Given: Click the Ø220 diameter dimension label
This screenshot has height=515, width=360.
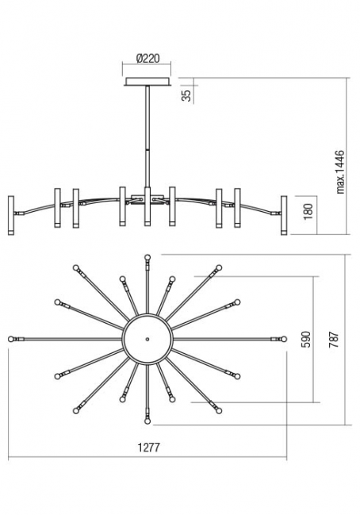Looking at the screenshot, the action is (x=147, y=59).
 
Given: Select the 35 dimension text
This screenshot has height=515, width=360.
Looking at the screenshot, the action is (x=186, y=95).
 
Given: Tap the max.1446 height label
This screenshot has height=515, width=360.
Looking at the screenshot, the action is (x=341, y=171).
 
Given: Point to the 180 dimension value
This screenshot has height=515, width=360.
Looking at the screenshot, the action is (x=308, y=212).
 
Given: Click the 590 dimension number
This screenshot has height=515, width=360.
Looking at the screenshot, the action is (x=306, y=340).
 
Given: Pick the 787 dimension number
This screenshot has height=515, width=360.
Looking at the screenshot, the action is (x=335, y=340).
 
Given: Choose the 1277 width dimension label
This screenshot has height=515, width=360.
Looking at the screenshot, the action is (x=148, y=448).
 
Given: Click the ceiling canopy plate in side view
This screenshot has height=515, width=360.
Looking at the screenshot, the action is (x=147, y=82).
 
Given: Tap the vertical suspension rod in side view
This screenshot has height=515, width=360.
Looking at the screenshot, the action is (x=147, y=136).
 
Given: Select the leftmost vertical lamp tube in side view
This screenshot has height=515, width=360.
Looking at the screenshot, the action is (x=11, y=216).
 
